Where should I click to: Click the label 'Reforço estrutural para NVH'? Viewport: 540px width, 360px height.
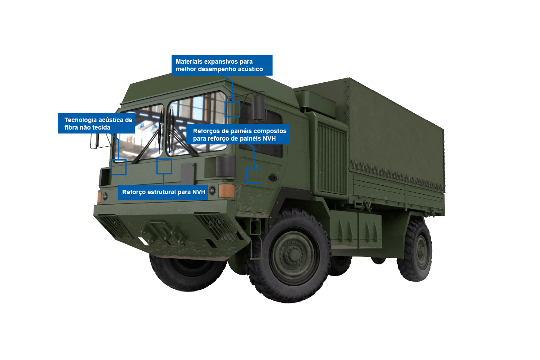point(163,192)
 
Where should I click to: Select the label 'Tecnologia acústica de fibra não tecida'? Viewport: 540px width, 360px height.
point(96,123)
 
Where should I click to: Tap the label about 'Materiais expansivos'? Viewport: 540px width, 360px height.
point(222,65)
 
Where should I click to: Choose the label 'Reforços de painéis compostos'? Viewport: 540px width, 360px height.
point(240,135)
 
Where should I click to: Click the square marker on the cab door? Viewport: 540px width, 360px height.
point(254,175)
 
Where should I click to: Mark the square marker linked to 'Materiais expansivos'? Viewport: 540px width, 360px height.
point(232,109)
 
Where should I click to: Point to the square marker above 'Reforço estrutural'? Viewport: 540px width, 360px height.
point(164,166)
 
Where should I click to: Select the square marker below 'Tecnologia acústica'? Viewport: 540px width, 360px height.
point(119,167)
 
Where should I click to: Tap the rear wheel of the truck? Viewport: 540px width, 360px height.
point(415,250)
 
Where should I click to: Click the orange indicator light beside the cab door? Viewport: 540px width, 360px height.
point(226,191)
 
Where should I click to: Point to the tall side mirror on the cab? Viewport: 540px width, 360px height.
point(259,107)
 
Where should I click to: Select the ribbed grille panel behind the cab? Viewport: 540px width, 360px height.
point(332,159)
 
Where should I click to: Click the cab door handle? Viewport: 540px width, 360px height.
point(273,177)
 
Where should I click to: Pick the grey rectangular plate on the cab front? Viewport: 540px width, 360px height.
point(188,174)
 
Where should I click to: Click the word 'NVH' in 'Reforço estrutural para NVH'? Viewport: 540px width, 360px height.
point(198,192)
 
